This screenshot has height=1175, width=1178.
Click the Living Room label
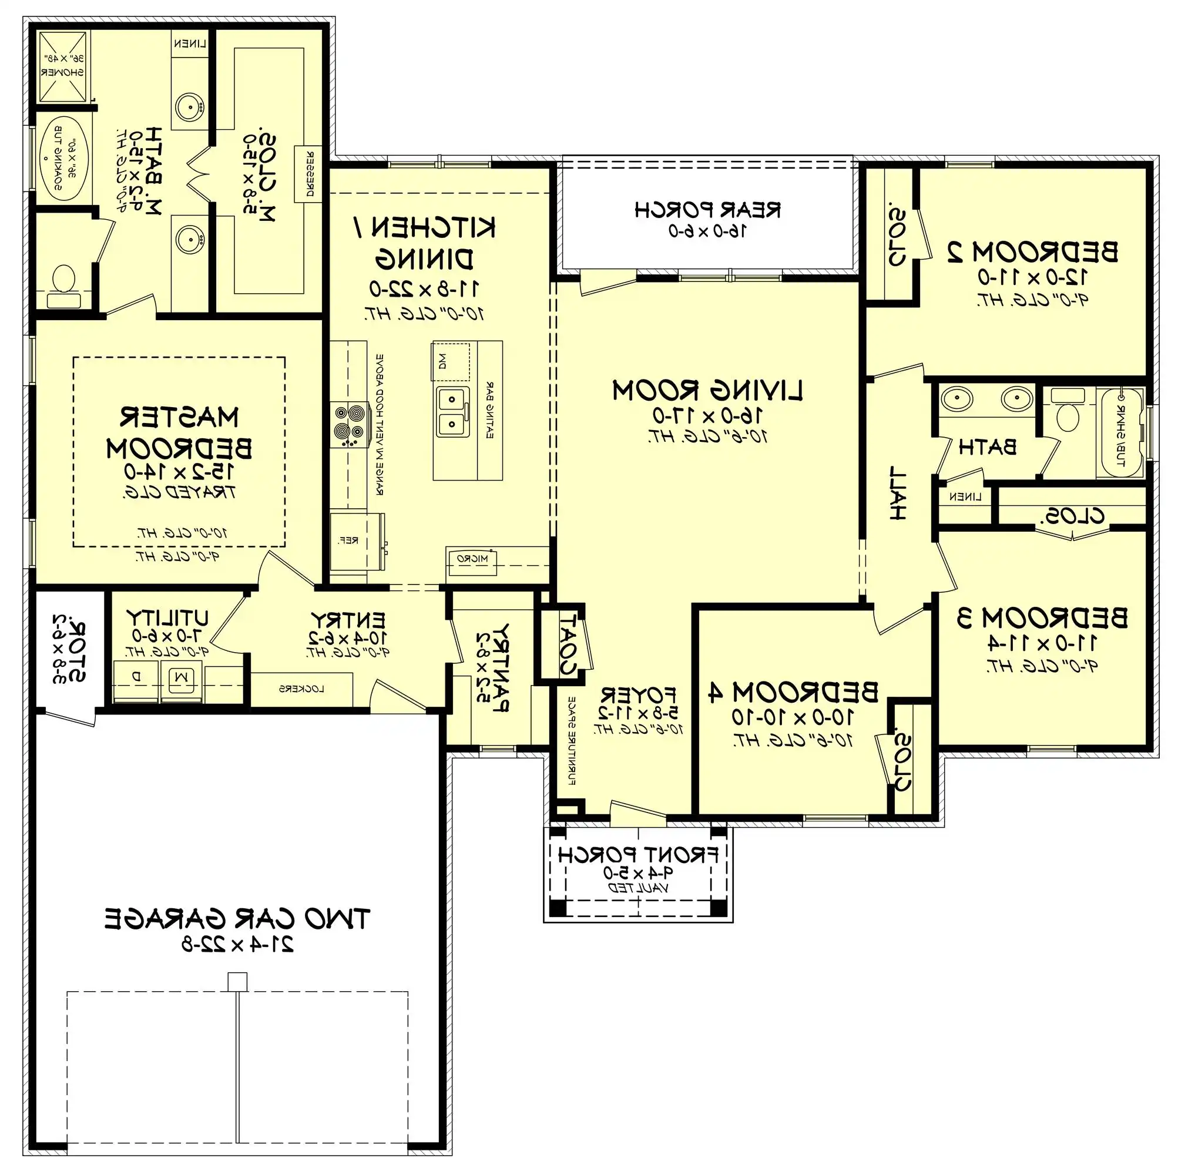coord(707,390)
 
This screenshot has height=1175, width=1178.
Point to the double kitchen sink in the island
coord(452,411)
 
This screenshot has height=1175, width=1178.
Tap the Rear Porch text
coord(707,210)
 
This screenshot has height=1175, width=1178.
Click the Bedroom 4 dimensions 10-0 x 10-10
coord(793,717)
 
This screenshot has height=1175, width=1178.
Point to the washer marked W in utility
coord(181,676)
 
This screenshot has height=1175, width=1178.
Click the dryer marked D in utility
coord(136,676)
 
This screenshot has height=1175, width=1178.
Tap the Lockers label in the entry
coord(301,689)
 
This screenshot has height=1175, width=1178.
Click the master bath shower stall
coord(63,66)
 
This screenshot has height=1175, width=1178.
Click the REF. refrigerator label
coord(348,540)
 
